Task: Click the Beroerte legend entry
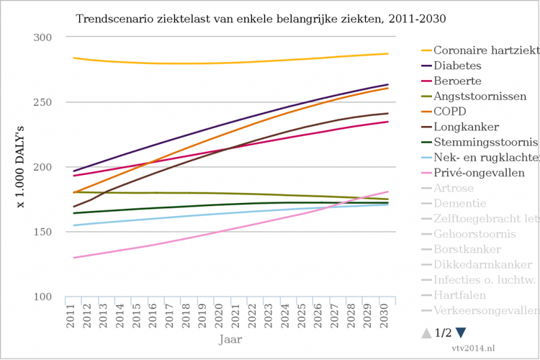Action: pos(458,81)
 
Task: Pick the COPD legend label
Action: pos(450,111)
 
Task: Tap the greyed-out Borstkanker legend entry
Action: pos(467,249)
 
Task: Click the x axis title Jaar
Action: pos(230,338)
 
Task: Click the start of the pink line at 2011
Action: pos(72,258)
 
